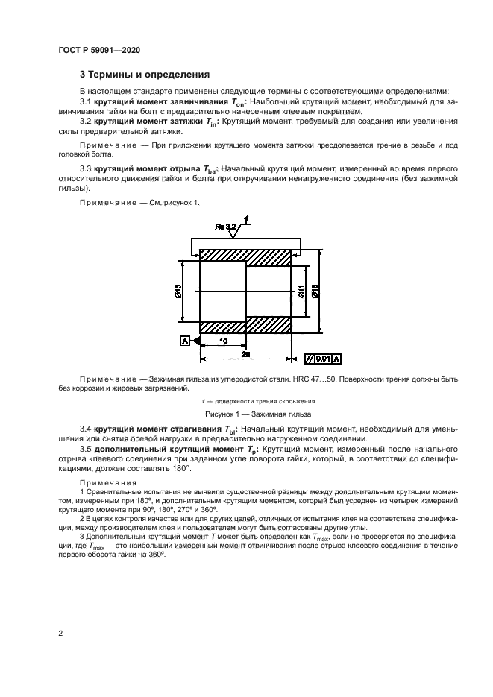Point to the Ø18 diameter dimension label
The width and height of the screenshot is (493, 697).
(315, 294)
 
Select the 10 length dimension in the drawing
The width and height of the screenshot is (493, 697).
(224, 341)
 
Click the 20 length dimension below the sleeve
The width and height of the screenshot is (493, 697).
(246, 353)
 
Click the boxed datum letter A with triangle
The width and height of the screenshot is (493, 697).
(184, 341)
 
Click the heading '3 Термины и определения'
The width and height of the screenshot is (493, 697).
(144, 75)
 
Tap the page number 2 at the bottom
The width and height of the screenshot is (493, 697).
(60, 634)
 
